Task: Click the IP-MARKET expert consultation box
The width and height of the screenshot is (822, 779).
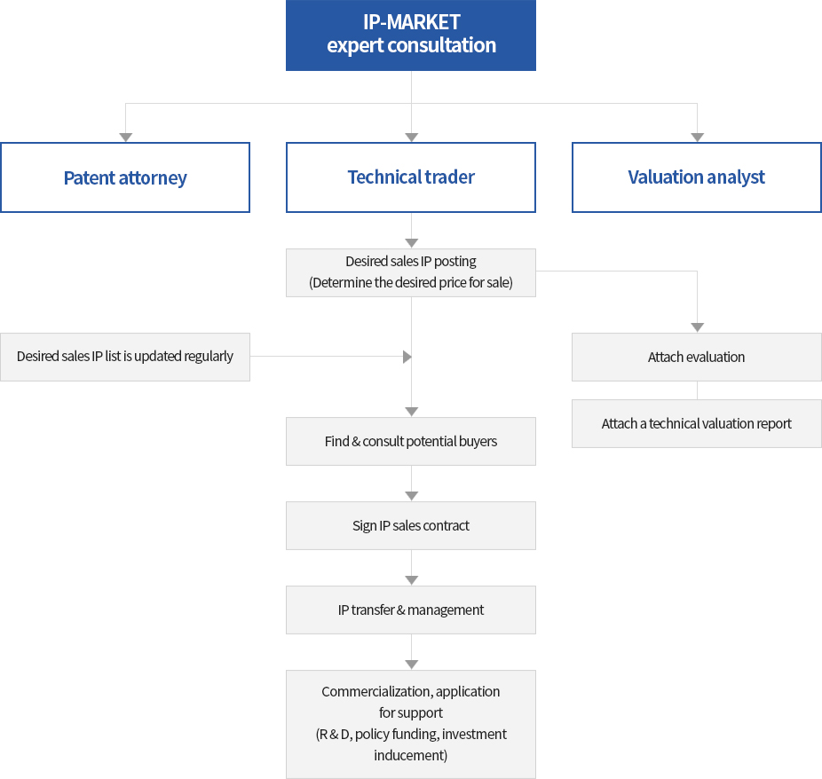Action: click(x=411, y=35)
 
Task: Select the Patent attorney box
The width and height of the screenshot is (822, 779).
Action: click(x=125, y=177)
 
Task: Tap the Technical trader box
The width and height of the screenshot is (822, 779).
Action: click(x=411, y=177)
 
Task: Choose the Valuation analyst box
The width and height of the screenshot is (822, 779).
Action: click(x=697, y=177)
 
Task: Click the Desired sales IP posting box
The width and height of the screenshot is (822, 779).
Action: click(x=411, y=272)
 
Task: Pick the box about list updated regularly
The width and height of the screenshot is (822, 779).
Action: click(x=125, y=357)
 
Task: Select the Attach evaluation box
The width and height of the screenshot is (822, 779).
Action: click(x=697, y=357)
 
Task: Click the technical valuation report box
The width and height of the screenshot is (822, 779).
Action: click(x=697, y=423)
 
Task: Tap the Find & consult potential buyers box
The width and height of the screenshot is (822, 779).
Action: click(x=411, y=441)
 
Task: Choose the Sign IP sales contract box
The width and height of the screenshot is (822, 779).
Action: click(x=411, y=525)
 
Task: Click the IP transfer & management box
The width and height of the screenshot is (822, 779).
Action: click(x=411, y=610)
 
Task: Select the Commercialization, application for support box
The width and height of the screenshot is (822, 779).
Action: click(x=411, y=724)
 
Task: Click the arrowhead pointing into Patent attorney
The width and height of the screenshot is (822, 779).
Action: click(x=126, y=138)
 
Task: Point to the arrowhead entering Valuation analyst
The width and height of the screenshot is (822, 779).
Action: click(x=697, y=138)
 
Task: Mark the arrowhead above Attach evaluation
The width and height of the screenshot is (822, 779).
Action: click(x=697, y=327)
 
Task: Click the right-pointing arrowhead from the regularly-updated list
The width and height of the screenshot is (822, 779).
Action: click(x=407, y=357)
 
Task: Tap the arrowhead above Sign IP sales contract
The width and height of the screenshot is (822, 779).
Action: click(x=412, y=496)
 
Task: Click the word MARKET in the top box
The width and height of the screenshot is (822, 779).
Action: click(x=423, y=22)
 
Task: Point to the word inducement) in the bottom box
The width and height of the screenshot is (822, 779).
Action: click(x=410, y=755)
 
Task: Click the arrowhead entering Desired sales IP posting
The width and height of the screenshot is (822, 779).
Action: click(x=412, y=243)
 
